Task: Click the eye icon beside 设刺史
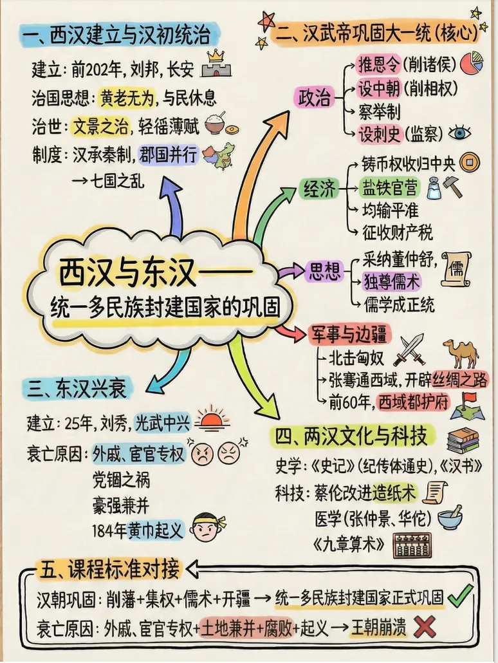point(459,133)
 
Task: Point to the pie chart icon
point(472,64)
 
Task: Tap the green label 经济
point(320,189)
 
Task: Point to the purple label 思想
point(326,270)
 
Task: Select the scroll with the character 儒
point(456,269)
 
